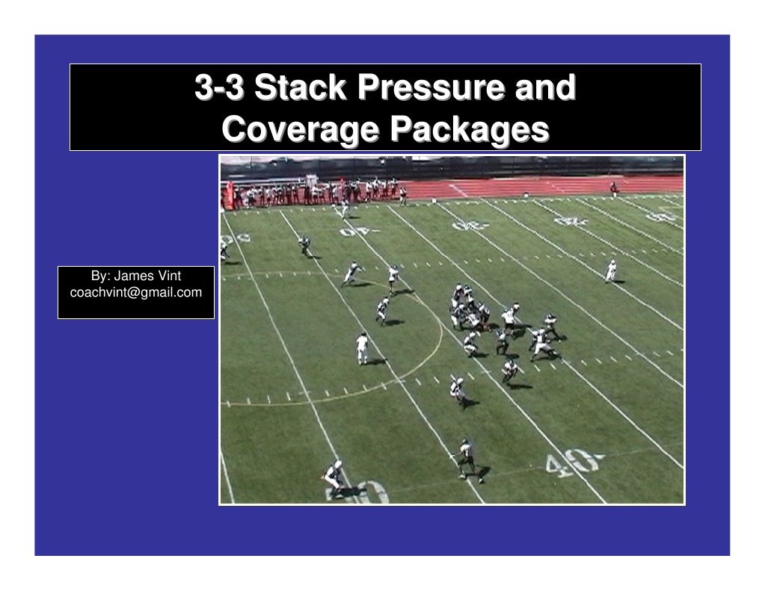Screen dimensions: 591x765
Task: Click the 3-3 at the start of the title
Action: pyautogui.click(x=218, y=88)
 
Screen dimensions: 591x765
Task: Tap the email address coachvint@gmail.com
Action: pyautogui.click(x=135, y=292)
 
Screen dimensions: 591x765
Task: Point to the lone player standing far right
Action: pyautogui.click(x=611, y=270)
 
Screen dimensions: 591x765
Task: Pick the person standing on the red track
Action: pyautogui.click(x=613, y=188)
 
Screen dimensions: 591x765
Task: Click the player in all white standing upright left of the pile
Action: pyautogui.click(x=363, y=347)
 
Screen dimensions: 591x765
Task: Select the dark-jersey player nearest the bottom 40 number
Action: pyautogui.click(x=465, y=457)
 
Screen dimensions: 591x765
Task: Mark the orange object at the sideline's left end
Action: pyautogui.click(x=230, y=193)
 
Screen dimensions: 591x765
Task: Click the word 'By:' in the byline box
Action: pyautogui.click(x=100, y=276)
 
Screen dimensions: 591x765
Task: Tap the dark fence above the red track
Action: pyautogui.click(x=523, y=166)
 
